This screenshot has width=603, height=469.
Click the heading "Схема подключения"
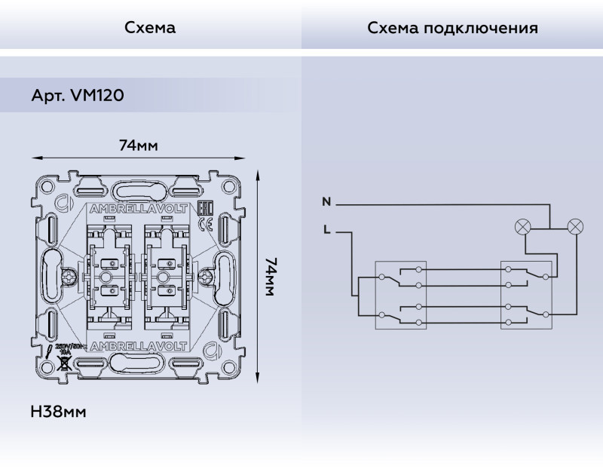point(452,29)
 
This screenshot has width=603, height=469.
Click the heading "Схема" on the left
point(150,29)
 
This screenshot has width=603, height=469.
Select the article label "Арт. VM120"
point(78,96)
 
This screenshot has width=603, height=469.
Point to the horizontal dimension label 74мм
point(139,146)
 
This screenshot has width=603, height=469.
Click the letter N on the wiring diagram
point(326,202)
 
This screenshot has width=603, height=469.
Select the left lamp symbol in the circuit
point(522,225)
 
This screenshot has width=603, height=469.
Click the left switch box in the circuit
point(401,295)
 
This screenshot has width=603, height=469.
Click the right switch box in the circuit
point(526,295)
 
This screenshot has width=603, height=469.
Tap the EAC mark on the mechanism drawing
point(203,210)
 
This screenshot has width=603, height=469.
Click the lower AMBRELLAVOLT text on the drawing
point(140,348)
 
